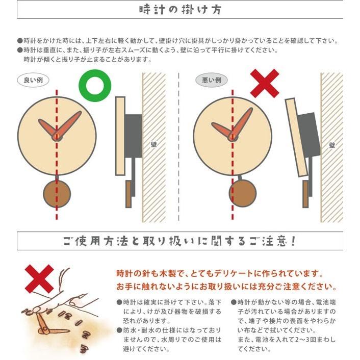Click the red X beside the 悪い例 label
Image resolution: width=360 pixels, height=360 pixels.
pyautogui.click(x=265, y=83)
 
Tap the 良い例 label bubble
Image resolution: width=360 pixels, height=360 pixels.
pyautogui.click(x=33, y=80)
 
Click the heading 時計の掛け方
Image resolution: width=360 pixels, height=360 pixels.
pyautogui.click(x=180, y=10)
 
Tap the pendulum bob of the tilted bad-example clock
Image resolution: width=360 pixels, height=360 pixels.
pyautogui.click(x=242, y=192)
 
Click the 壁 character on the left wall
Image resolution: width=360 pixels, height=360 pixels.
pyautogui.click(x=153, y=144)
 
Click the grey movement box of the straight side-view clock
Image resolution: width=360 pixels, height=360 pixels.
pyautogui.click(x=133, y=135)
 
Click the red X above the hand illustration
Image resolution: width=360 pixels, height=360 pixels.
pyautogui.click(x=39, y=278)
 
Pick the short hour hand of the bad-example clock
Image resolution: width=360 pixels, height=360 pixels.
pyautogui.click(x=223, y=130)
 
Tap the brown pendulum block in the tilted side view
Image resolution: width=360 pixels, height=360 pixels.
pyautogui.click(x=305, y=194)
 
